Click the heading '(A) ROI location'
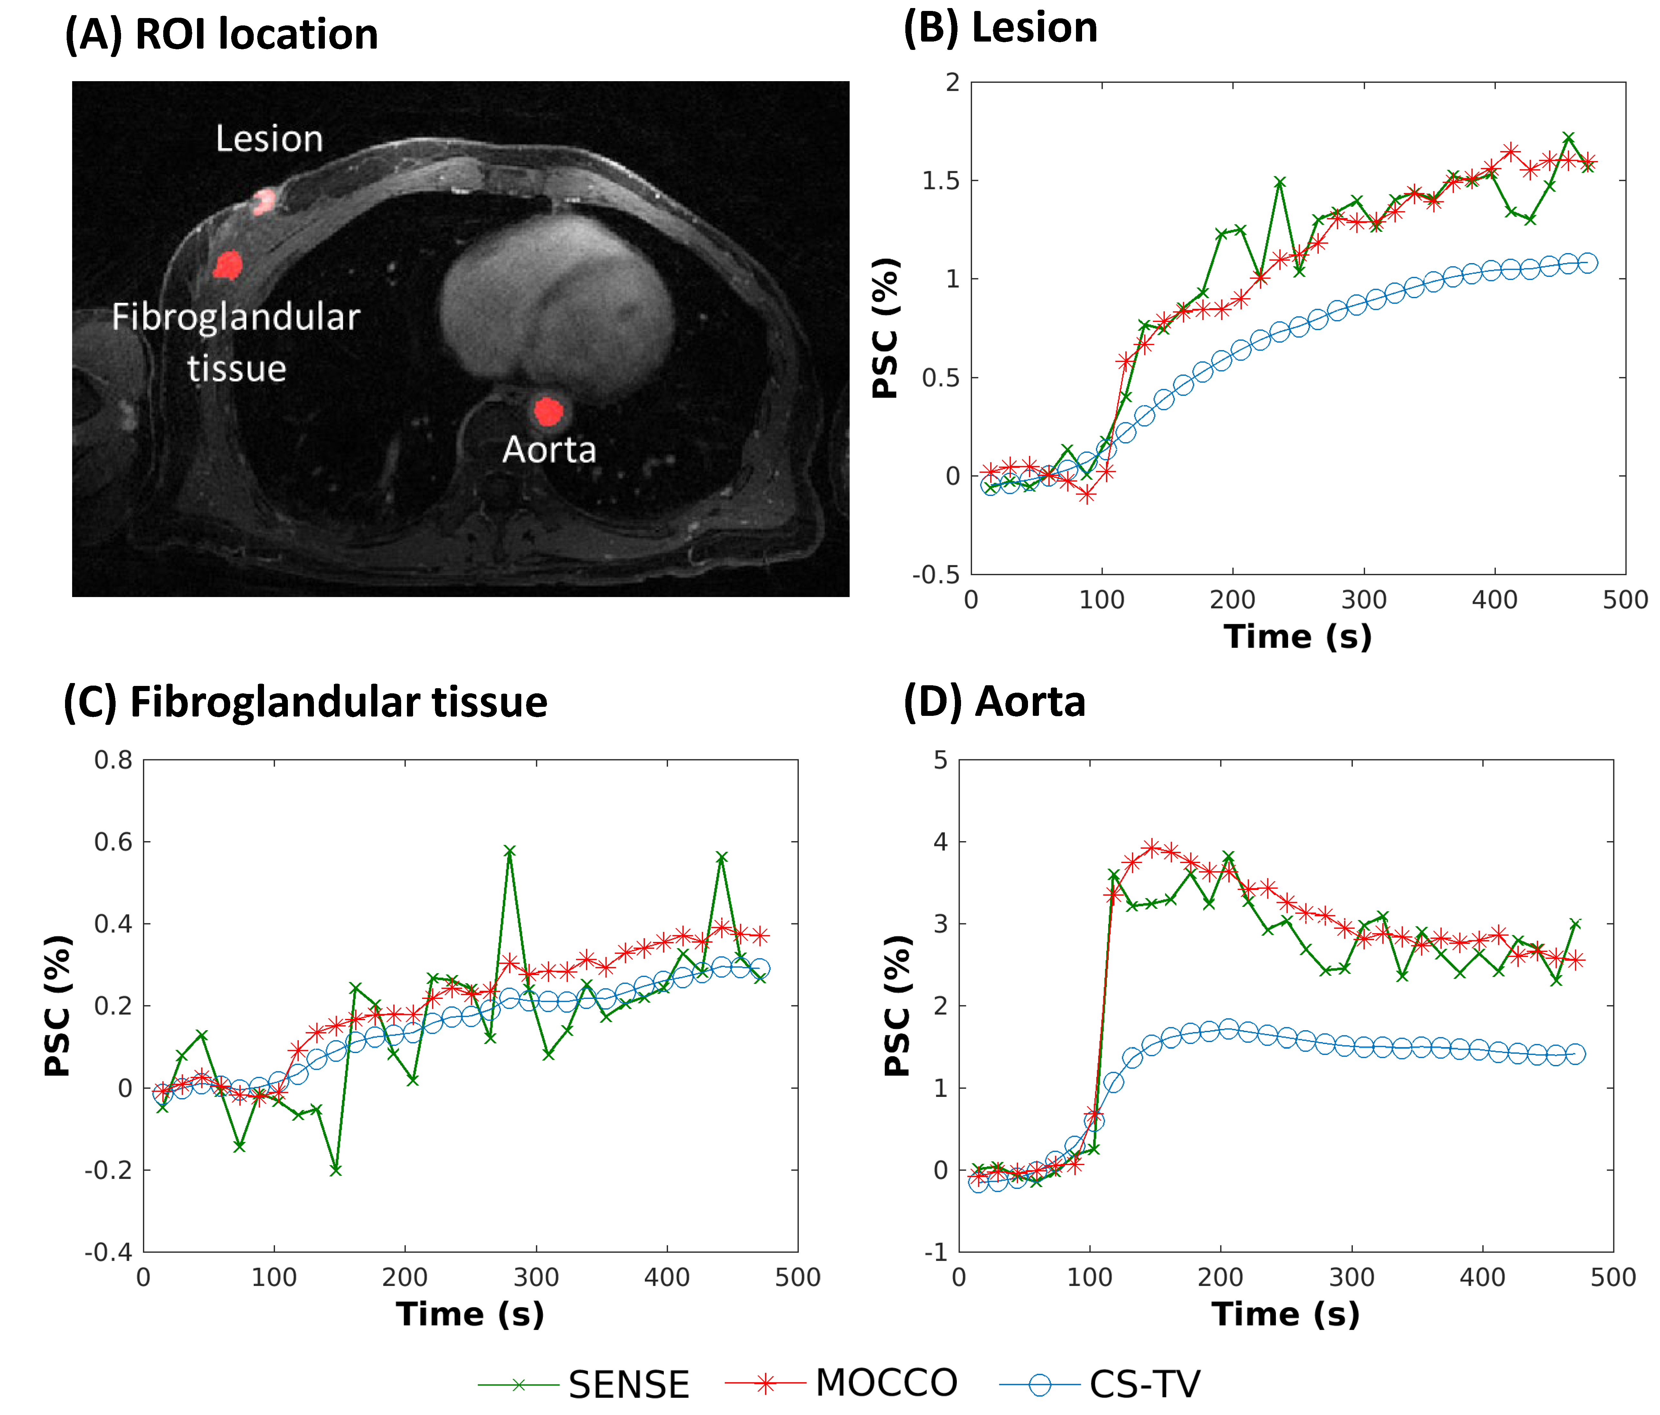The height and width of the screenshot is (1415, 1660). (221, 34)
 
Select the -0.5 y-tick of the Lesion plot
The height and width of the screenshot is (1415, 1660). (936, 575)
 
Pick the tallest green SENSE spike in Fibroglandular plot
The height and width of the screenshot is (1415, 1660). (510, 851)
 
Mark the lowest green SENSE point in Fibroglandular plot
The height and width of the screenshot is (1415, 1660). (336, 1170)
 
